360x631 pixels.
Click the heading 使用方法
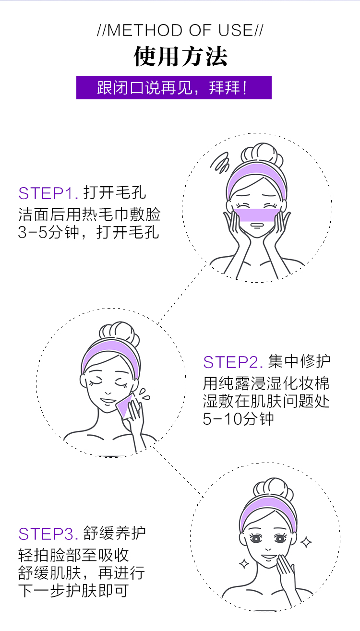pyautogui.click(x=180, y=57)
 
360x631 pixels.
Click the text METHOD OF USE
pyautogui.click(x=180, y=31)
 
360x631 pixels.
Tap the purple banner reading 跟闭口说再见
pyautogui.click(x=174, y=88)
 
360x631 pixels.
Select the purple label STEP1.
pyautogui.click(x=48, y=193)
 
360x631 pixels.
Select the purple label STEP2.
pyautogui.click(x=233, y=362)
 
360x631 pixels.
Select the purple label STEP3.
pyautogui.click(x=48, y=534)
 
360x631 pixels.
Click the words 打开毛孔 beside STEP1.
pyautogui.click(x=115, y=193)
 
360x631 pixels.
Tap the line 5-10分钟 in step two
pyautogui.click(x=239, y=419)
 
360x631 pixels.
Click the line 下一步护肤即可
pyautogui.click(x=73, y=590)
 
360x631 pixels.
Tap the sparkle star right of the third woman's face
pyautogui.click(x=306, y=542)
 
